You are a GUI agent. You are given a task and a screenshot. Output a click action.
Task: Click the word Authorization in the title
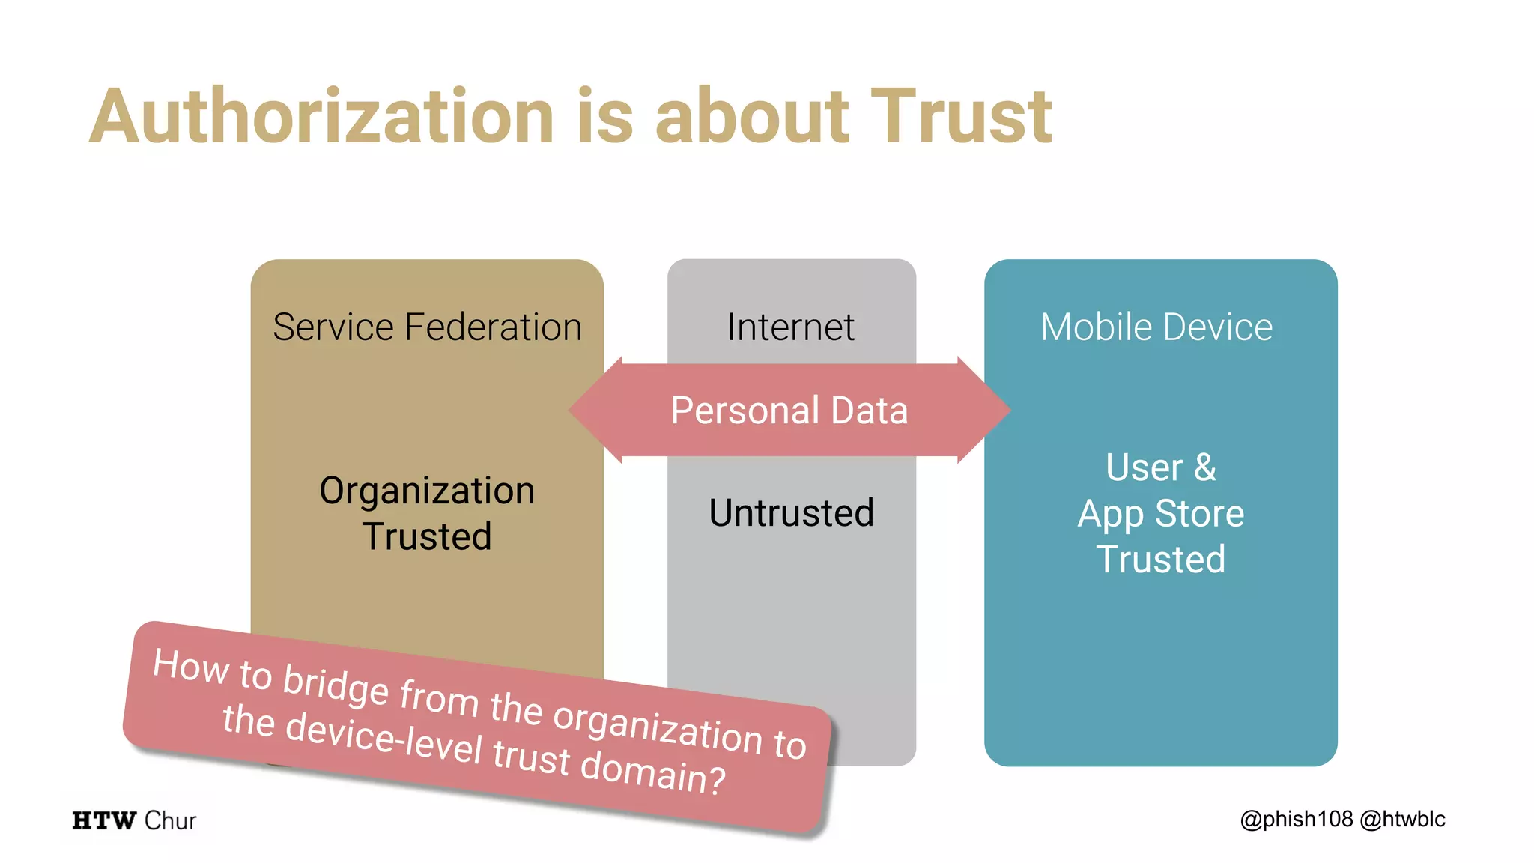322,117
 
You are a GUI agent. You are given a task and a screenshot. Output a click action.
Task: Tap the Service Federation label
427,327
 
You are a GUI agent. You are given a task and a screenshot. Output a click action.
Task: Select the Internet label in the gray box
790,327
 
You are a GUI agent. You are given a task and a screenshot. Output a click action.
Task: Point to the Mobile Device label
1156,327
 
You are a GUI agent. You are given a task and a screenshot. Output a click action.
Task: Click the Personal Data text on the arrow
789,411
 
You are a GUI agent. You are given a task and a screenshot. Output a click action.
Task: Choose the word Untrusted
791,513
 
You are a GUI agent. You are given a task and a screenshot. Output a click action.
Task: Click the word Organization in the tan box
427,491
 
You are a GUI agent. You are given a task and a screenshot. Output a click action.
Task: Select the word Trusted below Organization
427,536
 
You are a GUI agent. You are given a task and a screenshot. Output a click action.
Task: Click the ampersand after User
1204,467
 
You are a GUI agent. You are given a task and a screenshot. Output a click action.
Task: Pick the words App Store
1160,514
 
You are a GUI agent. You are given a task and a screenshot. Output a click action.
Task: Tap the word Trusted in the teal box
1160,560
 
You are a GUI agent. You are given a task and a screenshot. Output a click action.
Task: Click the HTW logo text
104,820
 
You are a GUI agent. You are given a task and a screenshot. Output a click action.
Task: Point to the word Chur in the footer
170,820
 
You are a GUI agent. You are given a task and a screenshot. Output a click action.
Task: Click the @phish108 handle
1297,819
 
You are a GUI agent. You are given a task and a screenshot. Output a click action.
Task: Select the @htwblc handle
1402,819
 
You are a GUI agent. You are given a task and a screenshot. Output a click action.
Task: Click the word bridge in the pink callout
336,685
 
